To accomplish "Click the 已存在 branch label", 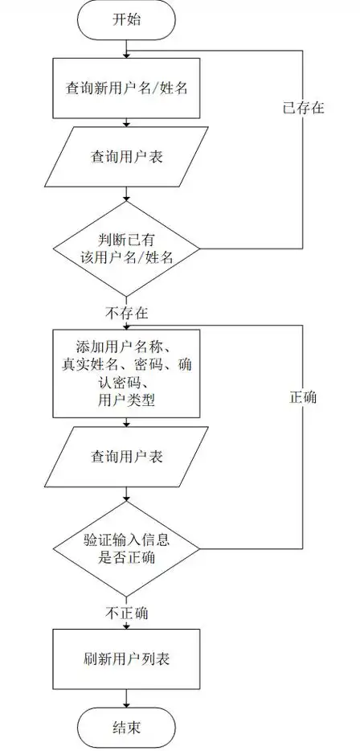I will [303, 108].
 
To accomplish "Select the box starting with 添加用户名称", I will [127, 373].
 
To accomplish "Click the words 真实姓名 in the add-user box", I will [88, 365].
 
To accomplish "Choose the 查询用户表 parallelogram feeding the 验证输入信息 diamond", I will [127, 457].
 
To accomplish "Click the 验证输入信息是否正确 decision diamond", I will [127, 548].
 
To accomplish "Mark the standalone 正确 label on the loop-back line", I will [303, 397].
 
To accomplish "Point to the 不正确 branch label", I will [126, 614].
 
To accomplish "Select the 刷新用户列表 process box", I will [127, 659].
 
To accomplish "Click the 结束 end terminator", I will [127, 728].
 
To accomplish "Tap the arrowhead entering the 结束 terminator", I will [127, 704].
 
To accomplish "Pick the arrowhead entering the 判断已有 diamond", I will [127, 201].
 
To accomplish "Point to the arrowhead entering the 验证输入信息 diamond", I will [127, 500].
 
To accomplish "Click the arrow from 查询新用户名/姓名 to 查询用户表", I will [127, 120].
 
